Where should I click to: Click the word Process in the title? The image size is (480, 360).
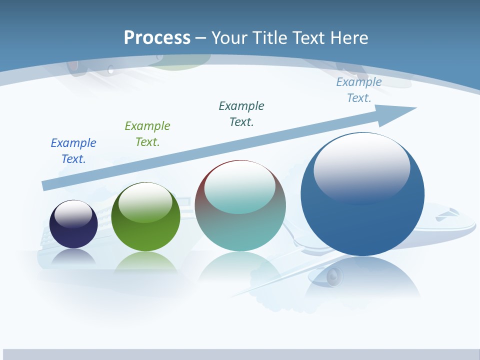(x=157, y=38)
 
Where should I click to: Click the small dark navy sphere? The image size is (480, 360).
(x=73, y=235)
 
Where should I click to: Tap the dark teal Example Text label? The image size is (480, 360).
(x=241, y=114)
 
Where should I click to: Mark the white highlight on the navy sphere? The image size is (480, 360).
(x=73, y=214)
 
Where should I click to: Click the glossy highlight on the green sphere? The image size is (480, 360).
(x=145, y=202)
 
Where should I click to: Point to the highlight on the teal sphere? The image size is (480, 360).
(x=240, y=187)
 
